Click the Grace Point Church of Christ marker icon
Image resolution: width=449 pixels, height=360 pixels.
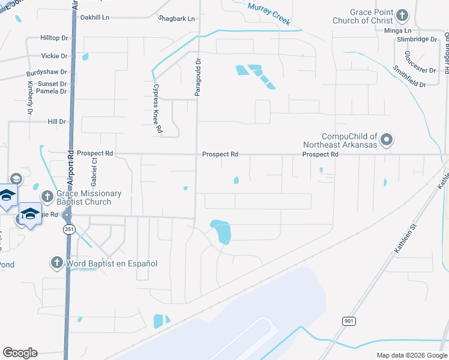point(402,14)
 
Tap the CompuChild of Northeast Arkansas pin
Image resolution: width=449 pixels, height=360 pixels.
point(387,140)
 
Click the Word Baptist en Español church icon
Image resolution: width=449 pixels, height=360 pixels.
point(57,262)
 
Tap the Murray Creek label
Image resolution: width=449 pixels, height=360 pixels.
point(269,13)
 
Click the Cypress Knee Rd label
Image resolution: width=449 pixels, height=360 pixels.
point(157,108)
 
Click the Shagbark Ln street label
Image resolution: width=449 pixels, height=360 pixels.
point(176,19)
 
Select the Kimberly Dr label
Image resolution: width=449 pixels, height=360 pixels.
point(29,98)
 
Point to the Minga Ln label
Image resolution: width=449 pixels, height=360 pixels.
point(399,30)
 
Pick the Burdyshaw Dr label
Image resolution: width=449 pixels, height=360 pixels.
point(46,73)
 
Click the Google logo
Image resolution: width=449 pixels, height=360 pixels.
point(20,353)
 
